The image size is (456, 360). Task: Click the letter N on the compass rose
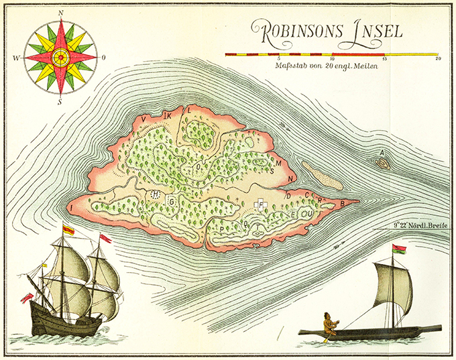60,13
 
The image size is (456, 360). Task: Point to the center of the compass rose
60,57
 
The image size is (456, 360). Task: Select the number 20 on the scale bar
438,59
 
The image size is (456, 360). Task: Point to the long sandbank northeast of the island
322,175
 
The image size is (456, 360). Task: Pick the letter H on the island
155,194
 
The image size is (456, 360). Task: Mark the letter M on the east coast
277,162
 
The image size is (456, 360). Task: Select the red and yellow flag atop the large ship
68,230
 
